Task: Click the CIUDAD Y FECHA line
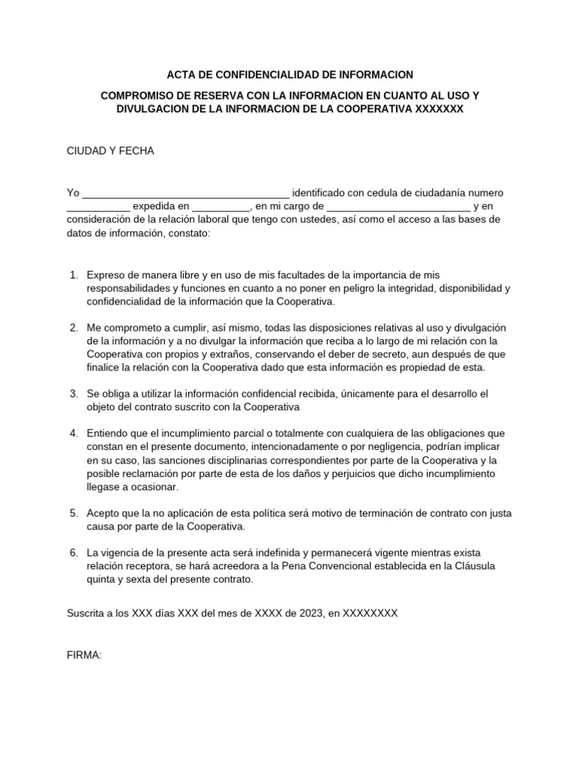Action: [x=110, y=151]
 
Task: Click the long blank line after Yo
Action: [x=185, y=193]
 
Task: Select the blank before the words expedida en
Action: [x=98, y=206]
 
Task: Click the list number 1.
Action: [x=73, y=274]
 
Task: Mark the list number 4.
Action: [x=73, y=433]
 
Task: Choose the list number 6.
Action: [x=73, y=553]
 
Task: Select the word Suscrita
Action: [x=87, y=613]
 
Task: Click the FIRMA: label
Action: [x=84, y=655]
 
